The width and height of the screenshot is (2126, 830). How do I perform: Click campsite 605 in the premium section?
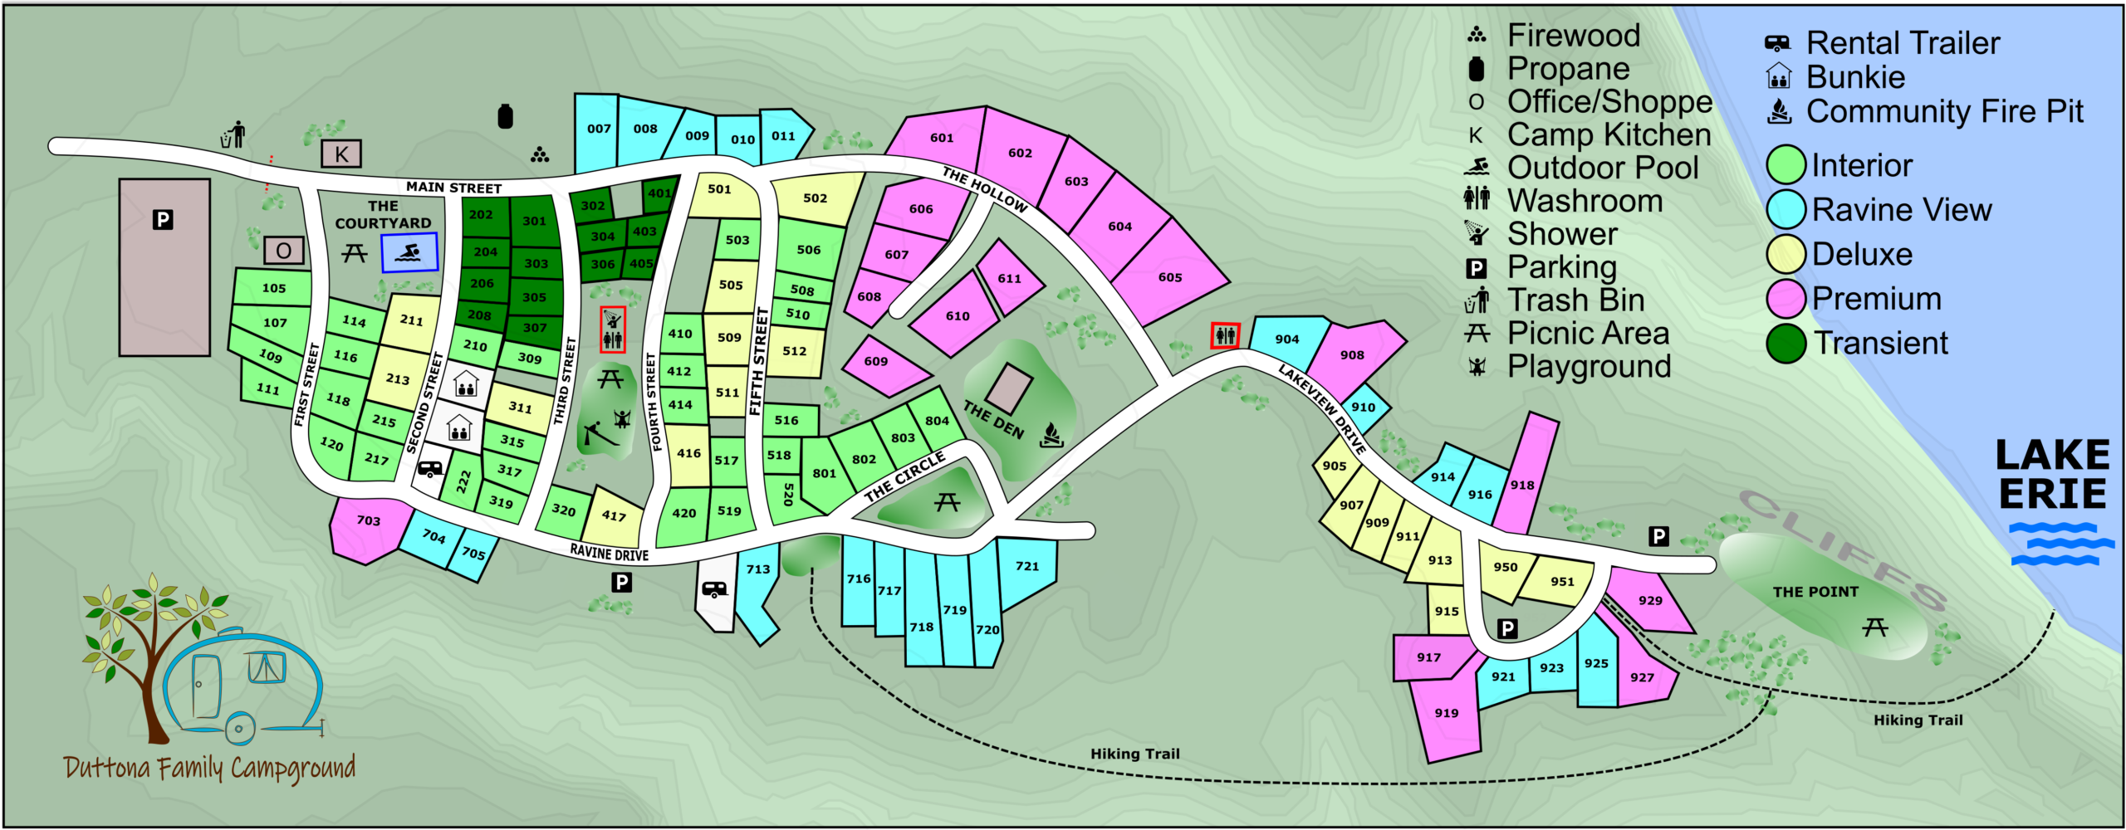tap(1169, 277)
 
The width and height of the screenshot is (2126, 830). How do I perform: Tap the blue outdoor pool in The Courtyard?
tap(409, 252)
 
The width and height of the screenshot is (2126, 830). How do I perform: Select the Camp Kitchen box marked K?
tap(341, 154)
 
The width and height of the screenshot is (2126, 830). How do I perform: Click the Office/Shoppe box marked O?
tap(283, 251)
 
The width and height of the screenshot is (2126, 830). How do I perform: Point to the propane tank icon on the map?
tap(505, 116)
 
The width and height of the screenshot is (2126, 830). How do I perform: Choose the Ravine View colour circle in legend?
tap(1786, 209)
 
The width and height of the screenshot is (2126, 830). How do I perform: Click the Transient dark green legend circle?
tap(1786, 343)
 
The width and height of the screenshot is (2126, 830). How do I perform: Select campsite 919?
tap(1446, 713)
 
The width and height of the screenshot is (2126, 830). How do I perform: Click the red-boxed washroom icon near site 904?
tap(1225, 335)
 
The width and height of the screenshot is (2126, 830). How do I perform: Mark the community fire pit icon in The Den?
tap(1051, 434)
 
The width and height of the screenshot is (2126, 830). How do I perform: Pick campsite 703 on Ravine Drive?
tap(368, 521)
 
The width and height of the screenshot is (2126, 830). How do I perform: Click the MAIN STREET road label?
tap(453, 188)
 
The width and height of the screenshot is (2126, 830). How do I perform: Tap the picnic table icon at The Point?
tap(1874, 627)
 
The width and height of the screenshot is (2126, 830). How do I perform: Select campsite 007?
tap(599, 129)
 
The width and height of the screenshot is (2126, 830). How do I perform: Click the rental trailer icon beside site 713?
tap(714, 589)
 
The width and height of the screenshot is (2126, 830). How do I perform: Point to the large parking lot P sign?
tap(163, 220)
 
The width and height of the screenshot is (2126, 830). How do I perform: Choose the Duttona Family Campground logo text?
tap(209, 768)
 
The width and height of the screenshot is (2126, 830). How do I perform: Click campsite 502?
tap(815, 198)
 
